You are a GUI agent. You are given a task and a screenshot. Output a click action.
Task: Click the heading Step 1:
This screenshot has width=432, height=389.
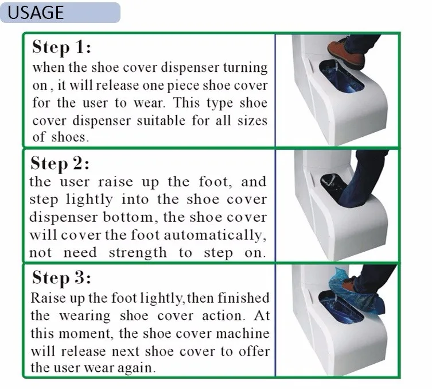[x=61, y=47]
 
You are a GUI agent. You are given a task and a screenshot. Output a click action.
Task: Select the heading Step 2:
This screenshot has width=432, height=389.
[x=60, y=163]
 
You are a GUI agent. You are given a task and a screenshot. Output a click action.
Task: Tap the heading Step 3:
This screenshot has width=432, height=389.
[x=61, y=278]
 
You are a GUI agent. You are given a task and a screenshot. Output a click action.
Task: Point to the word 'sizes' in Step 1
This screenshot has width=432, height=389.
[x=252, y=121]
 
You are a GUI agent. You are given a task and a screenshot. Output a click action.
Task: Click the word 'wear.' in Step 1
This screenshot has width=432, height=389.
[x=150, y=103]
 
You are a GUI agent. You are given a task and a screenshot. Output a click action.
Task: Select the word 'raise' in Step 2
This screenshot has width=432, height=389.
[x=115, y=182]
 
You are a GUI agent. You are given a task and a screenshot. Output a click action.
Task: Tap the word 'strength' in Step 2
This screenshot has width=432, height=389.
[x=138, y=253]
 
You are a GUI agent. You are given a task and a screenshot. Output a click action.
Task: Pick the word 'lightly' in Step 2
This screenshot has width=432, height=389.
[x=89, y=200]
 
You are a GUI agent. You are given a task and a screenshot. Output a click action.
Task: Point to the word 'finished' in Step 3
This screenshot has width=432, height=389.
[x=243, y=298]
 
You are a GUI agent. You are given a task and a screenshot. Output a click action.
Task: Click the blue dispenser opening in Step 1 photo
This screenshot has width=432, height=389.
[x=341, y=76]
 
